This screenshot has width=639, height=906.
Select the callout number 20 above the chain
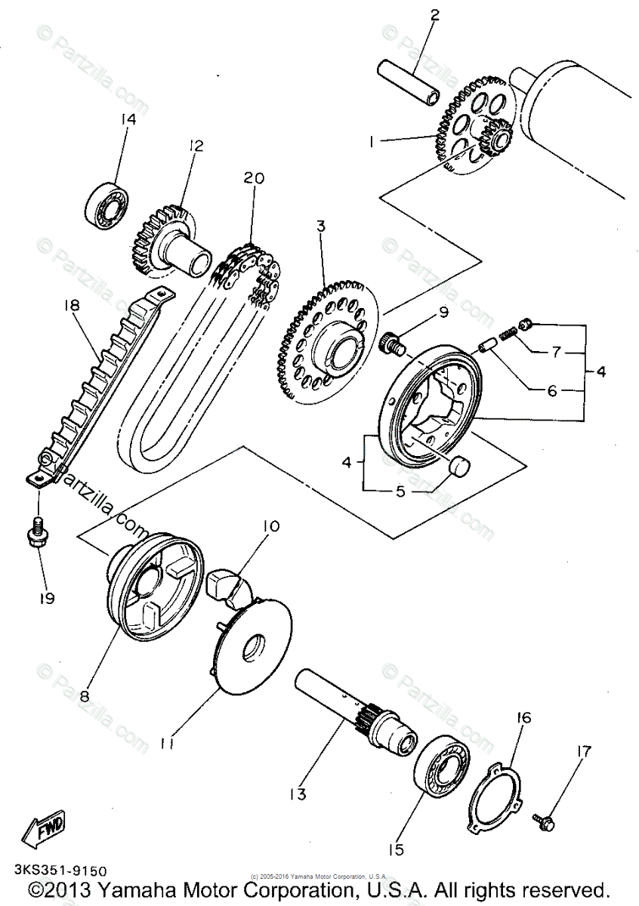pos(254,178)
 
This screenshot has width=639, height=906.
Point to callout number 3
pos(321,226)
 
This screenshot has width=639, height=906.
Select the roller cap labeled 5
pos(462,467)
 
